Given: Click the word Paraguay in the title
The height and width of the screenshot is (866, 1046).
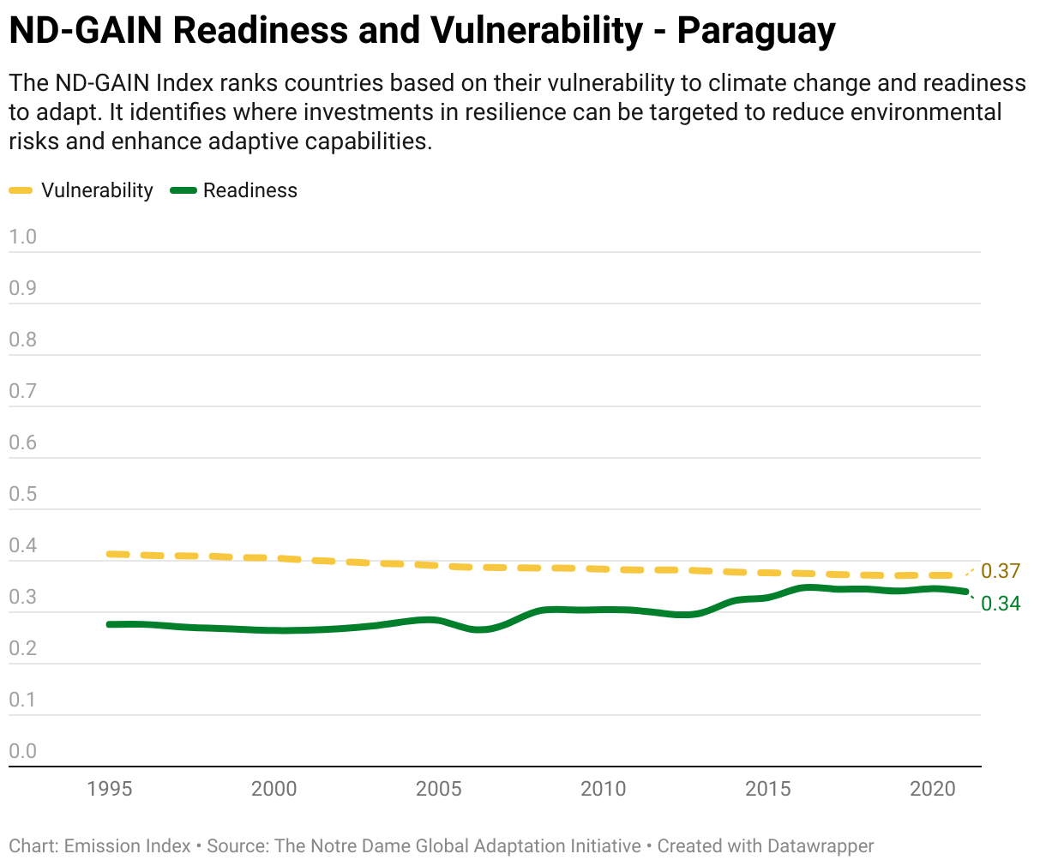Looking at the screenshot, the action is (756, 31).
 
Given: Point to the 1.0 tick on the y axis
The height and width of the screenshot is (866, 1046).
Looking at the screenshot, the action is (22, 237).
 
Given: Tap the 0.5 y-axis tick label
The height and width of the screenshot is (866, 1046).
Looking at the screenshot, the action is (22, 494).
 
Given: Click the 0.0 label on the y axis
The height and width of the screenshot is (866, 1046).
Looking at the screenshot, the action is (22, 751).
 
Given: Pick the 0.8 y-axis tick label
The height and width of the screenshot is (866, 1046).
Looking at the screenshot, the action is (22, 340).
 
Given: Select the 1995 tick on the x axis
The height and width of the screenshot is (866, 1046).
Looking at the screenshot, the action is (110, 789).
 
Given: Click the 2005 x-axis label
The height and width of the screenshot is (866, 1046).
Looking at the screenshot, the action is (438, 789).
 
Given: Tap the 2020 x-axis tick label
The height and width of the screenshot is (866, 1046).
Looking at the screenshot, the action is (933, 789).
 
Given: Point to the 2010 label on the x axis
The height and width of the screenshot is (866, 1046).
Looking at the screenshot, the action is (603, 789).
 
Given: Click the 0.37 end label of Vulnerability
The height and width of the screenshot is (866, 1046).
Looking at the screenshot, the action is (1001, 571).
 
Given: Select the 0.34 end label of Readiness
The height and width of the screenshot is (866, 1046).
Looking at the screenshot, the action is (1001, 604).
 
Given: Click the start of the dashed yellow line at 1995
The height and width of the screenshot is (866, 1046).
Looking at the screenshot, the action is (109, 554).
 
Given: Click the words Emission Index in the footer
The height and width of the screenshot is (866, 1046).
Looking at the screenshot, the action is (127, 846).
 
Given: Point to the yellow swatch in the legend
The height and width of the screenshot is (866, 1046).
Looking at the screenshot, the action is (21, 190).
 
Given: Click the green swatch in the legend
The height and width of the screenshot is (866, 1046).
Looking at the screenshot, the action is (183, 190).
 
